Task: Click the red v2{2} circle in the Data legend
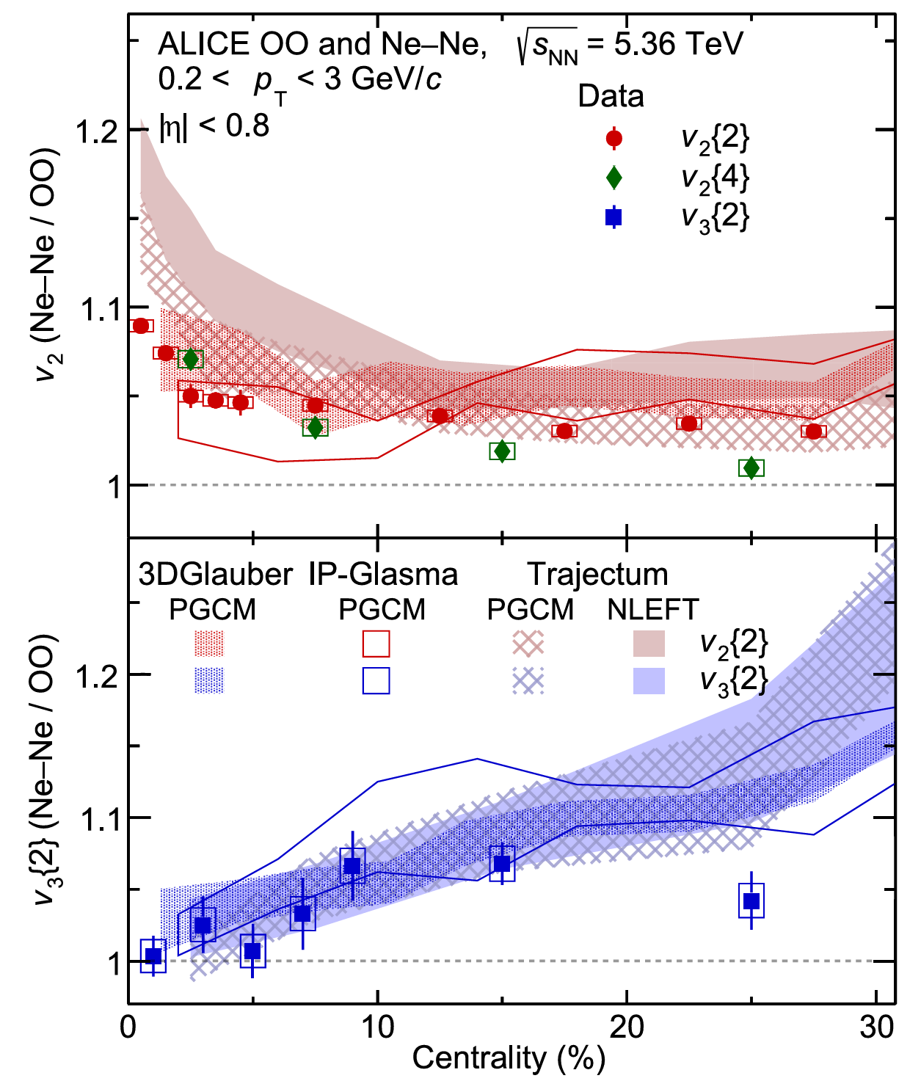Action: pyautogui.click(x=614, y=139)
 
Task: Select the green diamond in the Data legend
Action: pyautogui.click(x=614, y=178)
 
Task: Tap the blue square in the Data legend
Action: pyautogui.click(x=614, y=216)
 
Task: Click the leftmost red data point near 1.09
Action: pyautogui.click(x=141, y=326)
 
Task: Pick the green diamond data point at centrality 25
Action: pyautogui.click(x=751, y=467)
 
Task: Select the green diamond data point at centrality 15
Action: pyautogui.click(x=502, y=451)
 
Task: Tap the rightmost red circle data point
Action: pyautogui.click(x=813, y=432)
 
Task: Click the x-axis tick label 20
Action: pyautogui.click(x=627, y=1027)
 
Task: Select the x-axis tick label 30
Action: pyautogui.click(x=876, y=1027)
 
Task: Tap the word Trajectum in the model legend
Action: pyautogui.click(x=597, y=574)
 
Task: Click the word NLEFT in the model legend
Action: pyautogui.click(x=652, y=609)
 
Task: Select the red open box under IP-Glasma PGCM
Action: pyautogui.click(x=376, y=644)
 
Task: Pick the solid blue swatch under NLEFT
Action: pyautogui.click(x=649, y=681)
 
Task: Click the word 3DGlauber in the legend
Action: pyautogui.click(x=215, y=574)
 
